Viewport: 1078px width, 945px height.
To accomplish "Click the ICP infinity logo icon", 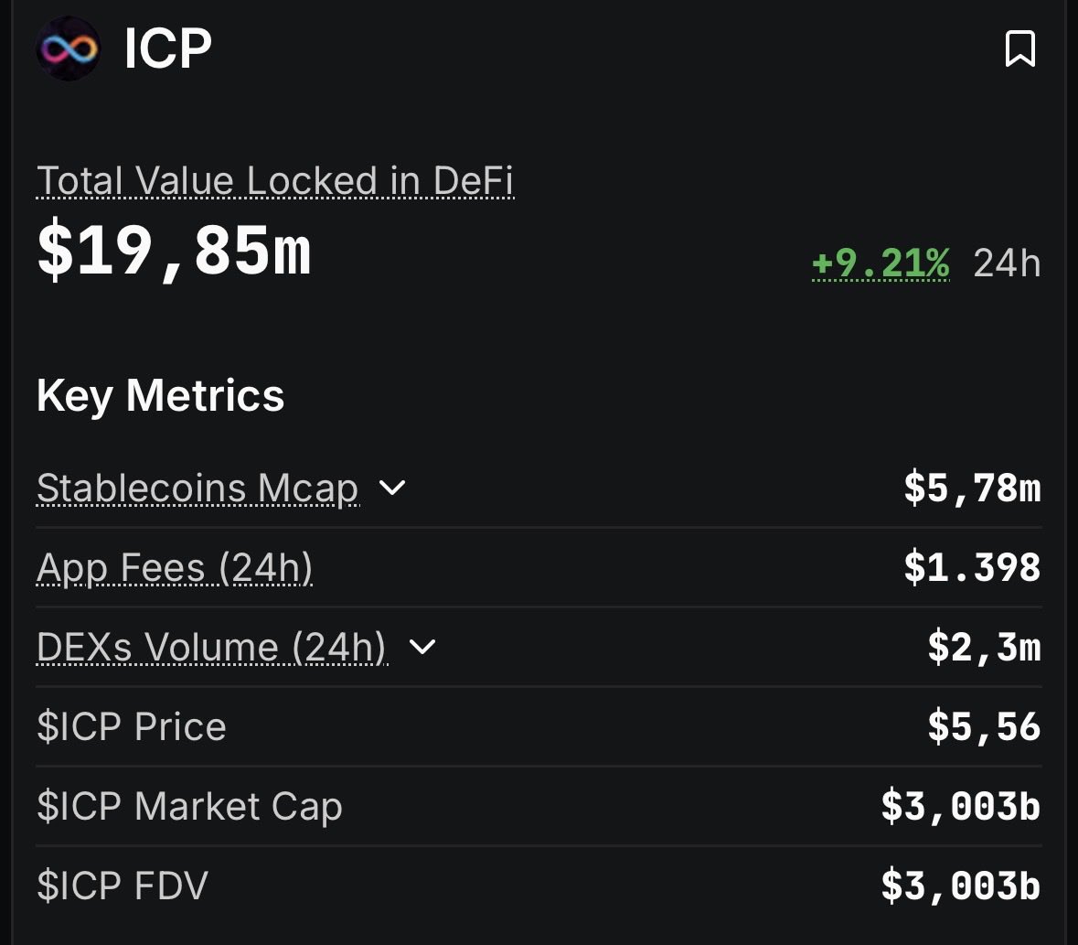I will click(69, 48).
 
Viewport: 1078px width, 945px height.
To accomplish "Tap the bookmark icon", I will click(1019, 48).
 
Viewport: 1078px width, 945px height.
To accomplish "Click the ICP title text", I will click(168, 48).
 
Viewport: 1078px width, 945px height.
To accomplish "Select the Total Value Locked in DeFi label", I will click(275, 181).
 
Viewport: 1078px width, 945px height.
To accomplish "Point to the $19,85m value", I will click(174, 252).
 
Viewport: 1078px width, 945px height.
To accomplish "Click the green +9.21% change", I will click(881, 263).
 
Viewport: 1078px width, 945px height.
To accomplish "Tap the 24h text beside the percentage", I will click(1007, 263).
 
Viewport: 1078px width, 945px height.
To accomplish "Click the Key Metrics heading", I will click(161, 396).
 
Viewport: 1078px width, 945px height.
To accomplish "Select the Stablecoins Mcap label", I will click(197, 489).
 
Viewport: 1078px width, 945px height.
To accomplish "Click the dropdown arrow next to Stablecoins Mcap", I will click(392, 488).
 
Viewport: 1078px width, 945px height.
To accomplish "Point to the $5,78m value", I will click(972, 488).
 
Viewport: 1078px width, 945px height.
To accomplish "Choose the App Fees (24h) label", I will click(175, 568).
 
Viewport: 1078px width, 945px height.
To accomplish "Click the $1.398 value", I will click(972, 568).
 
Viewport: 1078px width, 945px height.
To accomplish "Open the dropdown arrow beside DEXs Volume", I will click(422, 647).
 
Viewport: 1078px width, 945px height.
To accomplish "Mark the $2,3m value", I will click(984, 648).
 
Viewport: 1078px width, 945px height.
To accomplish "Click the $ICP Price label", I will click(132, 727).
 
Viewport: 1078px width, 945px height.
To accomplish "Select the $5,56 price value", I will click(984, 727).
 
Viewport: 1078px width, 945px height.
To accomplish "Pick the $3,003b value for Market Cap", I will click(960, 807).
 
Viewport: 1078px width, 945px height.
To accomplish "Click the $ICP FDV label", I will click(123, 886).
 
